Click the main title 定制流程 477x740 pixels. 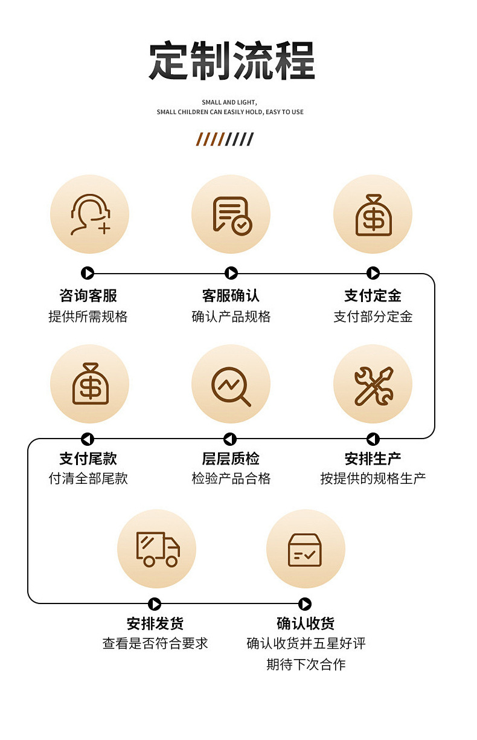click(x=232, y=61)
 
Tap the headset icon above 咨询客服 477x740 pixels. click(x=89, y=214)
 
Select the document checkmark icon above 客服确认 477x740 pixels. click(x=231, y=214)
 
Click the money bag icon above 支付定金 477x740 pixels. click(x=373, y=214)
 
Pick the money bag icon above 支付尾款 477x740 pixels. click(x=89, y=384)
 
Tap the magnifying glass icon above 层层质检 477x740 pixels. click(x=231, y=385)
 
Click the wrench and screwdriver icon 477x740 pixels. click(x=373, y=385)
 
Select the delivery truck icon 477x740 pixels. click(x=156, y=549)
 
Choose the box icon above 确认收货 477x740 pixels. click(x=305, y=549)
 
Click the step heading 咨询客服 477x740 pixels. click(x=88, y=295)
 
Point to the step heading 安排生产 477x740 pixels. click(x=373, y=459)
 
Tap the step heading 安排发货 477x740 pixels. click(x=155, y=623)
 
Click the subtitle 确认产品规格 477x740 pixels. click(x=231, y=317)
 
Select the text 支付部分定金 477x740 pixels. click(x=373, y=317)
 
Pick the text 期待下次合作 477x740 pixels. click(x=306, y=664)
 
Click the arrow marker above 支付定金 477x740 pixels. click(x=373, y=273)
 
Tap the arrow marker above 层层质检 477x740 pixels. click(x=230, y=439)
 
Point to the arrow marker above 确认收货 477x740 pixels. click(x=305, y=604)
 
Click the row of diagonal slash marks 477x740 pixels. click(x=225, y=140)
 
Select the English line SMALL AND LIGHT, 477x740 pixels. click(x=229, y=103)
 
